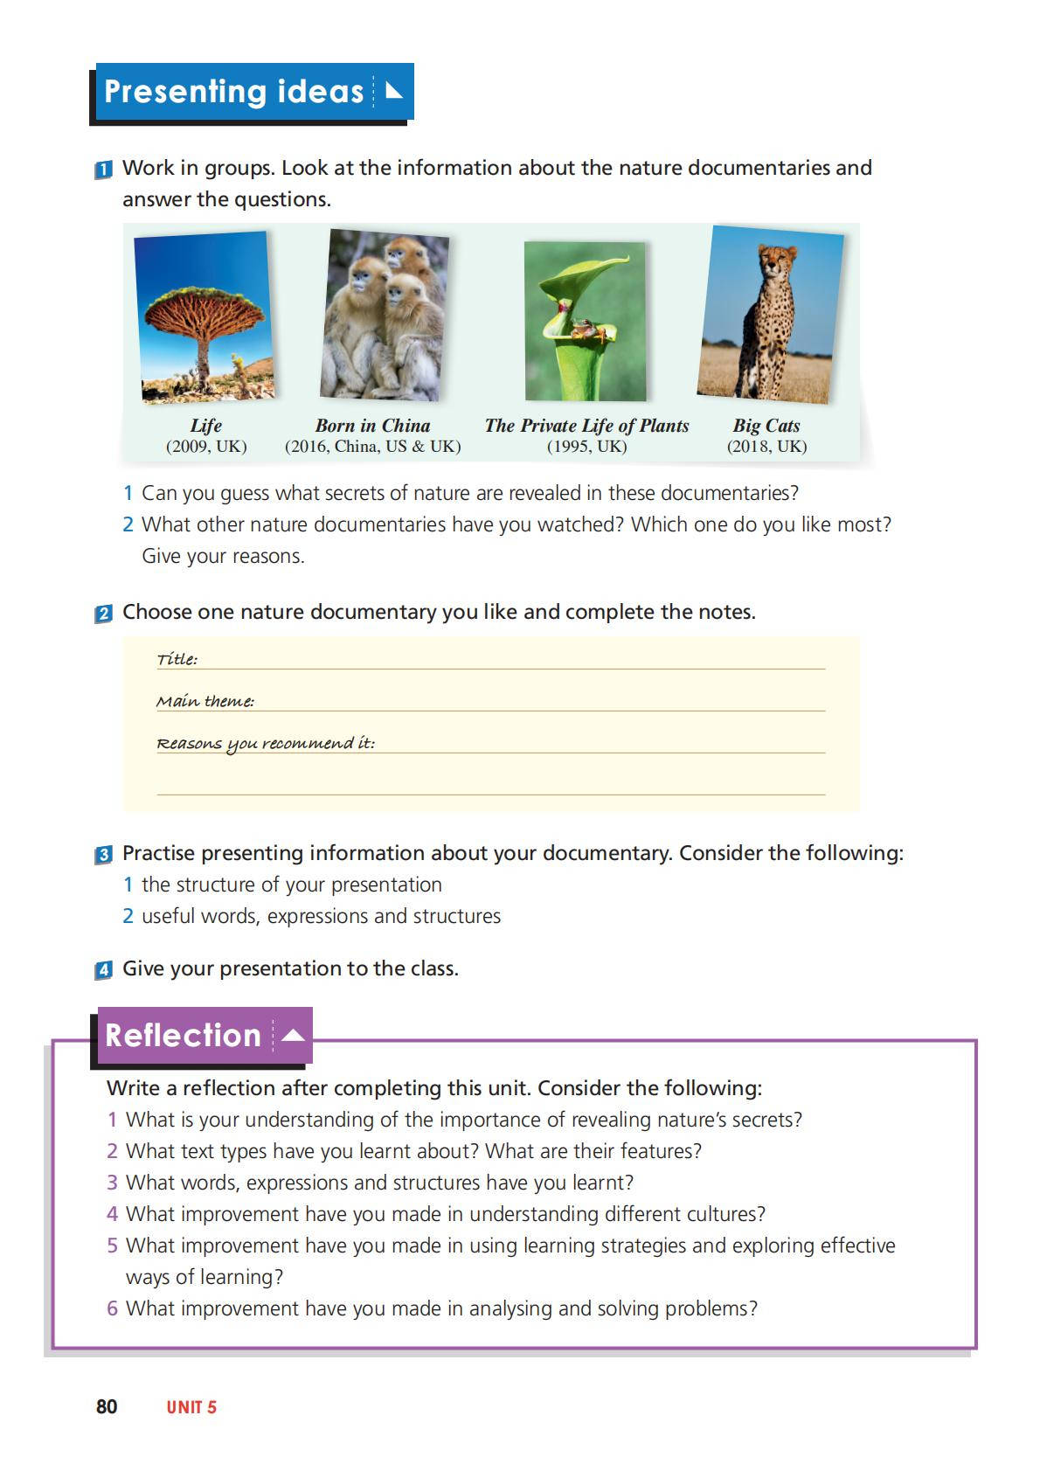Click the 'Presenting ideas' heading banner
tap(251, 92)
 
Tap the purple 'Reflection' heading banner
tap(203, 1036)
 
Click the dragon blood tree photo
tap(205, 317)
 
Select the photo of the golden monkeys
tap(384, 315)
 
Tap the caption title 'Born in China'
tap(372, 426)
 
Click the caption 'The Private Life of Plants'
tap(586, 426)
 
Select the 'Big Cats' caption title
tap(766, 426)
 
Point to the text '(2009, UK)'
tap(206, 447)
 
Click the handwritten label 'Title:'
tap(177, 659)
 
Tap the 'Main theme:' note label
tap(205, 701)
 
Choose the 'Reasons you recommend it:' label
tap(265, 743)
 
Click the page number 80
tap(107, 1406)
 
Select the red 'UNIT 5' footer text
tap(191, 1407)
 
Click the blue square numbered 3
tap(103, 855)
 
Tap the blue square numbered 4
tap(103, 970)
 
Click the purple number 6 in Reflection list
tap(112, 1308)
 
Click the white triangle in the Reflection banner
tap(294, 1036)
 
